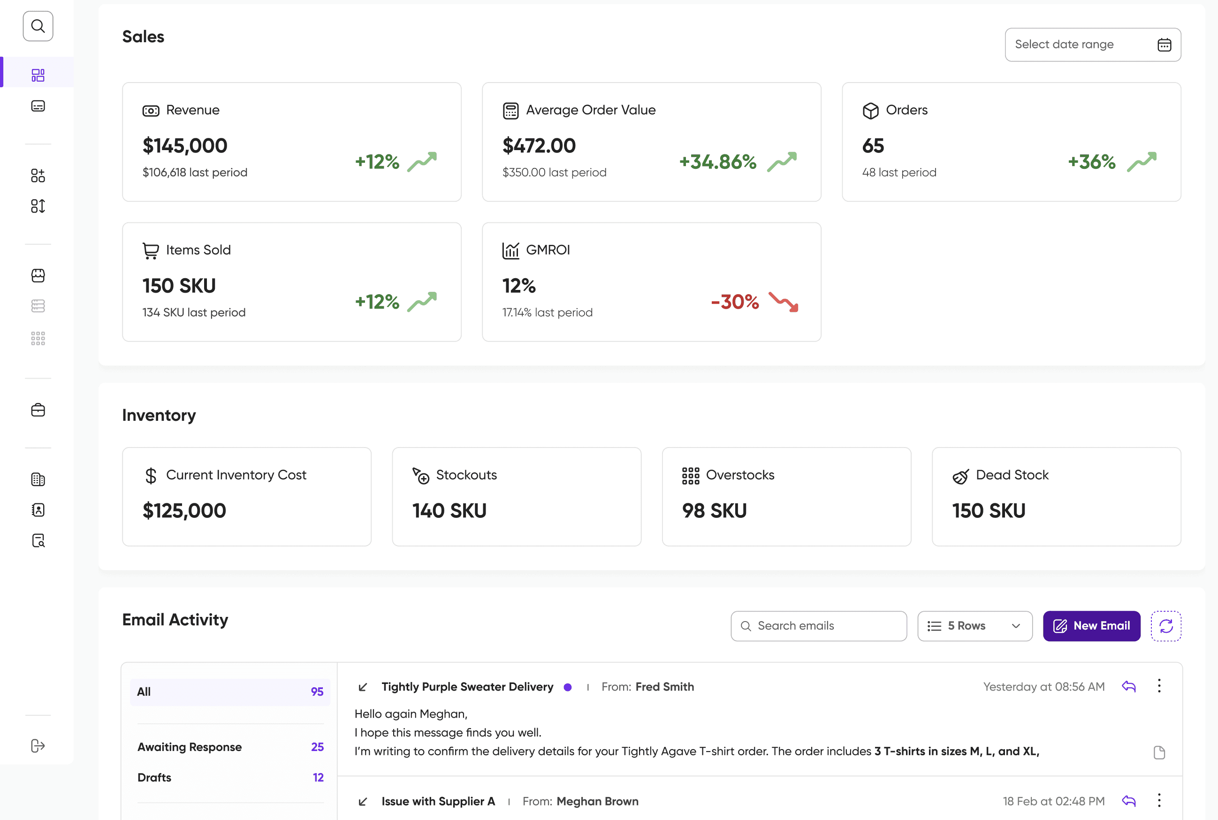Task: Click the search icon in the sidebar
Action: point(38,26)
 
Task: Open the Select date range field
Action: point(1092,45)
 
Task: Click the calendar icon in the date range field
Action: point(1164,45)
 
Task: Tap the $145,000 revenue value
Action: point(185,145)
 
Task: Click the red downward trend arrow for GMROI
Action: point(784,302)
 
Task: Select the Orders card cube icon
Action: point(871,111)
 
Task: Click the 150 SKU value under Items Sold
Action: point(179,286)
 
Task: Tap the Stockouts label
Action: point(466,475)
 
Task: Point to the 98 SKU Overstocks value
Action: point(715,510)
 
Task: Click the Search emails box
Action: point(819,626)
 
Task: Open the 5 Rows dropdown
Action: point(975,626)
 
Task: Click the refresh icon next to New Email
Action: point(1166,626)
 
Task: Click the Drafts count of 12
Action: point(318,778)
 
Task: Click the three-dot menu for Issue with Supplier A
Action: point(1159,801)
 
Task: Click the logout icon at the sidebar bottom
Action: point(38,746)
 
